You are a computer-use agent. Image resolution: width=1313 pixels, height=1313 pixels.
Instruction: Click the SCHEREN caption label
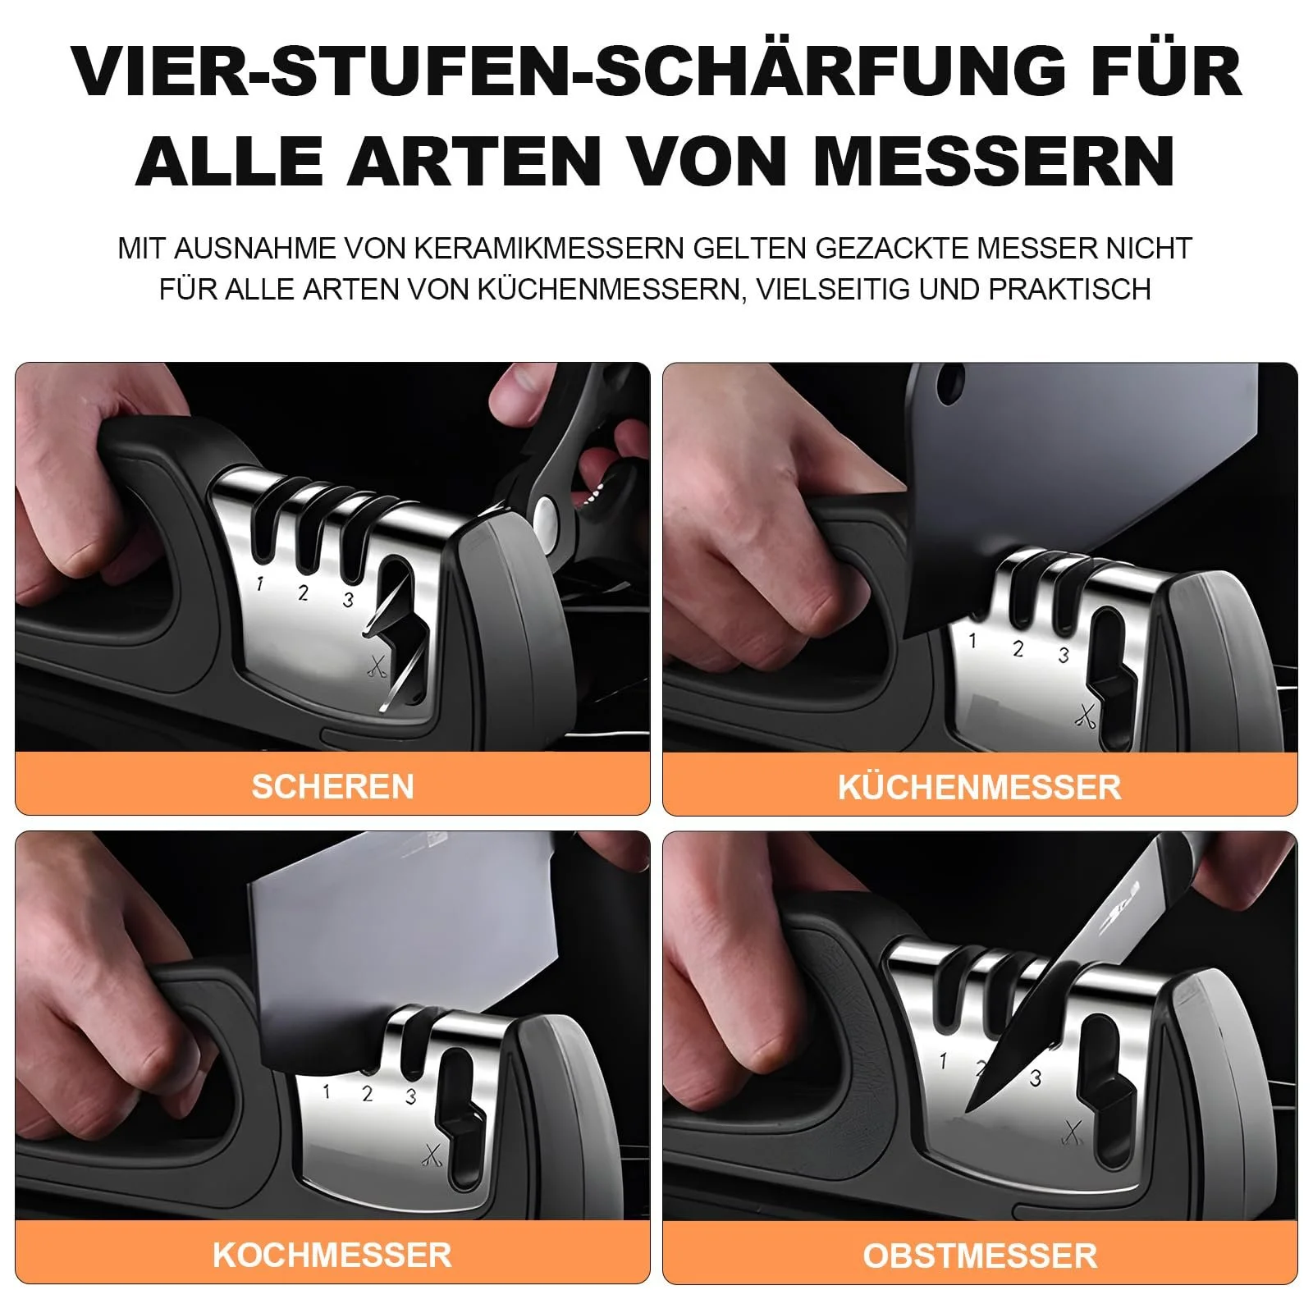(x=332, y=786)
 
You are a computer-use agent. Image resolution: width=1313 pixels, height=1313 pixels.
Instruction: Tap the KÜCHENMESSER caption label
(x=979, y=786)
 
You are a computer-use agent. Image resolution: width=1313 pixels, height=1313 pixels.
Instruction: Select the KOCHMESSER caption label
(x=332, y=1255)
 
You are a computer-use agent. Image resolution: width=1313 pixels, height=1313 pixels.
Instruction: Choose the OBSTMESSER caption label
(x=980, y=1256)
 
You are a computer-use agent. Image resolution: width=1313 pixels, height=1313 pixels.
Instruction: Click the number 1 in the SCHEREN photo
(x=260, y=583)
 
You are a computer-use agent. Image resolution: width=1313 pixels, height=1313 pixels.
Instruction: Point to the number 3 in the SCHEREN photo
(x=348, y=600)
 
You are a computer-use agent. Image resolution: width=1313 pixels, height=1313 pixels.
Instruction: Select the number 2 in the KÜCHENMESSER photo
(x=1018, y=648)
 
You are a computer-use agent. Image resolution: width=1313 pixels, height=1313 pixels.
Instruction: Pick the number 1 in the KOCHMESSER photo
(x=327, y=1092)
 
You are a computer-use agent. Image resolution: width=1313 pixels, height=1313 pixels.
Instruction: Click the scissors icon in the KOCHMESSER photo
(x=432, y=1155)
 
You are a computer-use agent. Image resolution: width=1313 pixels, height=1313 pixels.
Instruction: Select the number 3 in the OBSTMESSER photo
(x=1036, y=1077)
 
